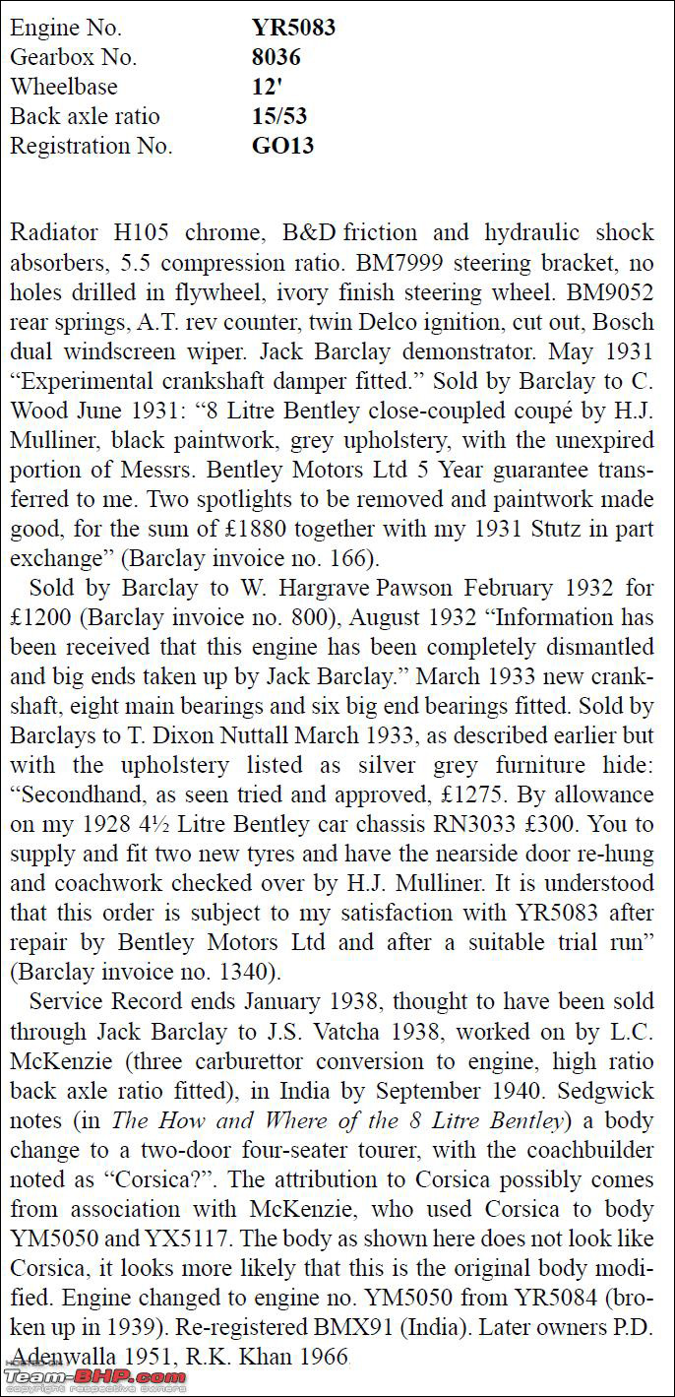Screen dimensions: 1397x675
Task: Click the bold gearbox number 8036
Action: [x=276, y=57]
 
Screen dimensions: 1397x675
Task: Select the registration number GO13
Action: [x=282, y=146]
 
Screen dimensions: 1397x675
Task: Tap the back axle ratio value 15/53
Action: [x=279, y=116]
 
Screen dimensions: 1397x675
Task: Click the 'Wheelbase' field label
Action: [x=64, y=87]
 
